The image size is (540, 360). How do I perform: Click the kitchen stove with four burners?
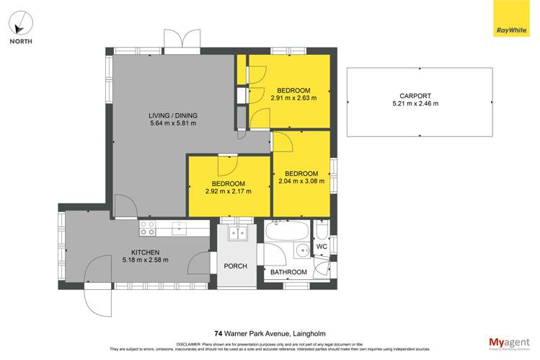(x=148, y=228)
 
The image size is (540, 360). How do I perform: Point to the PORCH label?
(x=235, y=266)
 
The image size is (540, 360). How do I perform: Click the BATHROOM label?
(x=288, y=272)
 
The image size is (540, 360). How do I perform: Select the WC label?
(x=322, y=247)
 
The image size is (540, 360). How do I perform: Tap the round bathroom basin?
(x=300, y=252)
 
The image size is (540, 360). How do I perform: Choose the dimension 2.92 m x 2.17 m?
(x=229, y=192)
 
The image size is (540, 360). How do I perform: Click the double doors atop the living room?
(x=182, y=42)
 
